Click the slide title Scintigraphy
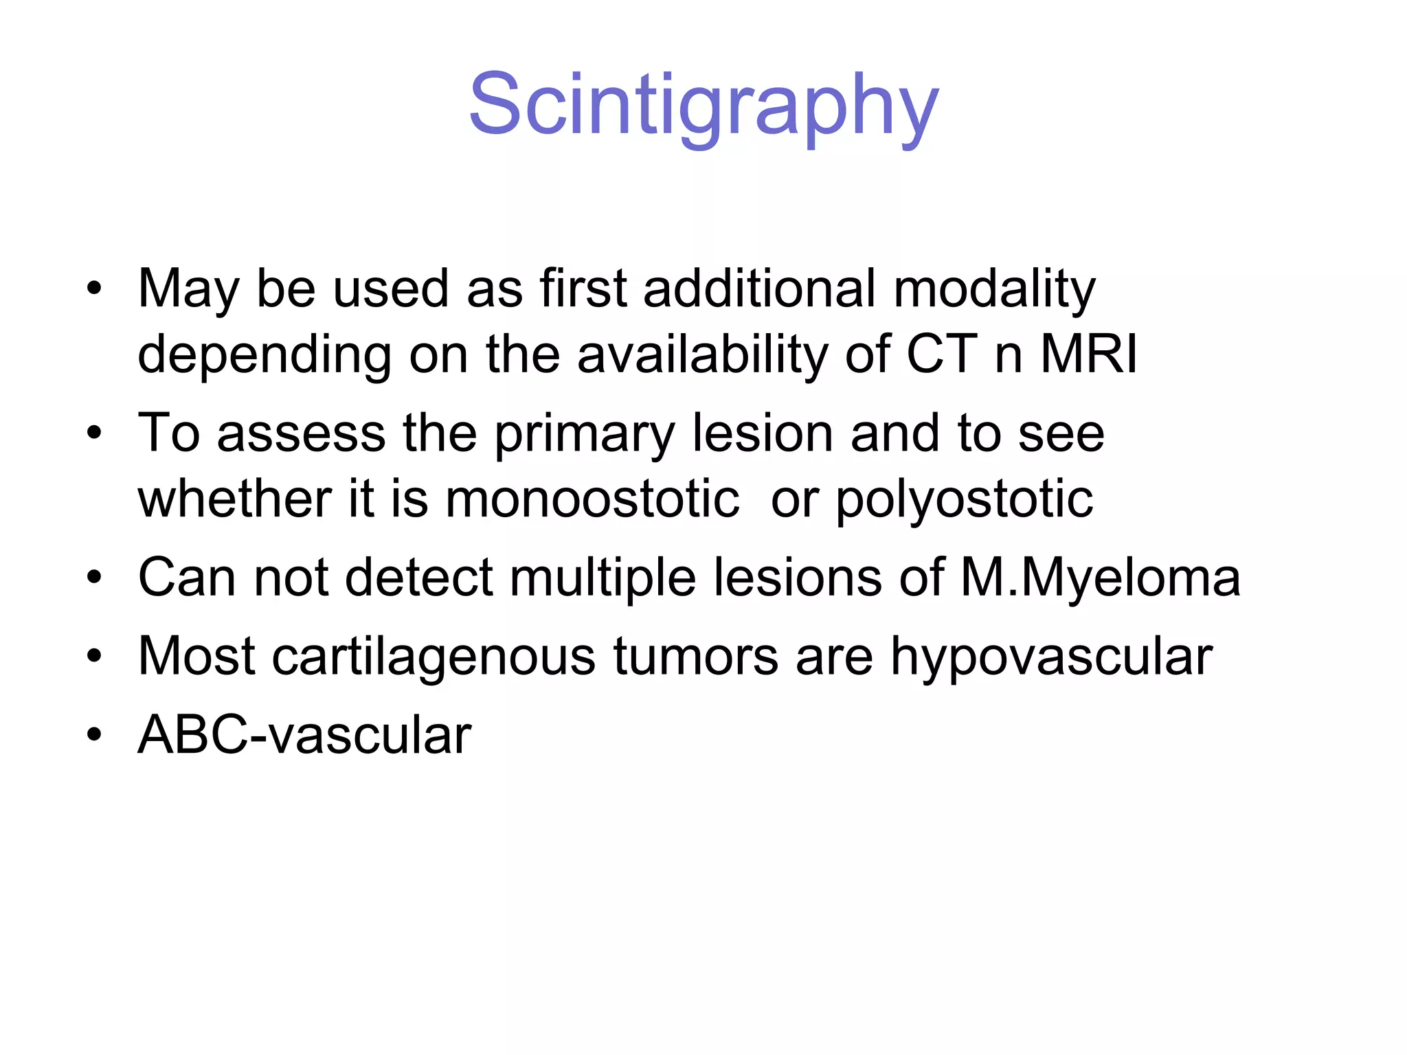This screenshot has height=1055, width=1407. coord(703,106)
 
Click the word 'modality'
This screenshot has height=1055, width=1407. coord(994,288)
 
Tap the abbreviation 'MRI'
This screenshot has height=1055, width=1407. coord(1088,354)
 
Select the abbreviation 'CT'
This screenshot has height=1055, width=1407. coord(942,354)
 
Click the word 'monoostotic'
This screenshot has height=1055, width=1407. coord(592,499)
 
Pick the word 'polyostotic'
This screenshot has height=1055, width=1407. coord(964,500)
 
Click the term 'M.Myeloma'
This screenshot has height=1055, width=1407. coord(1100,578)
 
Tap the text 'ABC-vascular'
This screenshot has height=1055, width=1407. coord(304,735)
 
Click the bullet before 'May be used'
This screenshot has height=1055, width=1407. coord(94,289)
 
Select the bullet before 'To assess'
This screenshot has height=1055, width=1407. coord(94,434)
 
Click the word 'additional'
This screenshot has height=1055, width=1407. coord(759,288)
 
